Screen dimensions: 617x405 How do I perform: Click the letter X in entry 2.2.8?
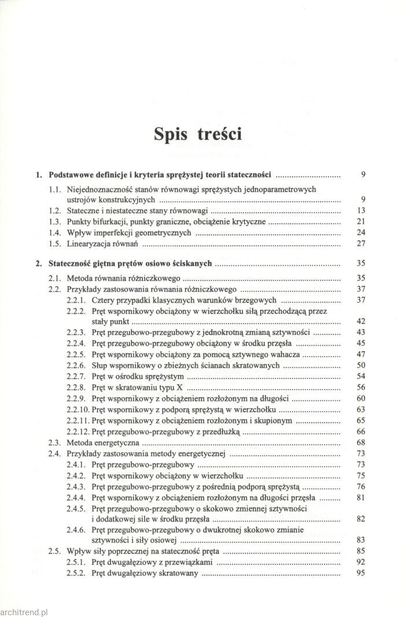point(163,387)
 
